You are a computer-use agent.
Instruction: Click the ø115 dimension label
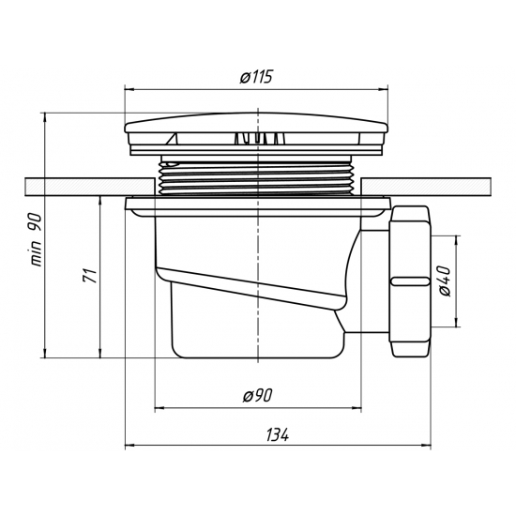[256, 79]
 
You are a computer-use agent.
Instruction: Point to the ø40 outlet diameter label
[445, 281]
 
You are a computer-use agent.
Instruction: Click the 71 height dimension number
[87, 276]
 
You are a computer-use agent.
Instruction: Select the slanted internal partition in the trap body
[253, 292]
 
